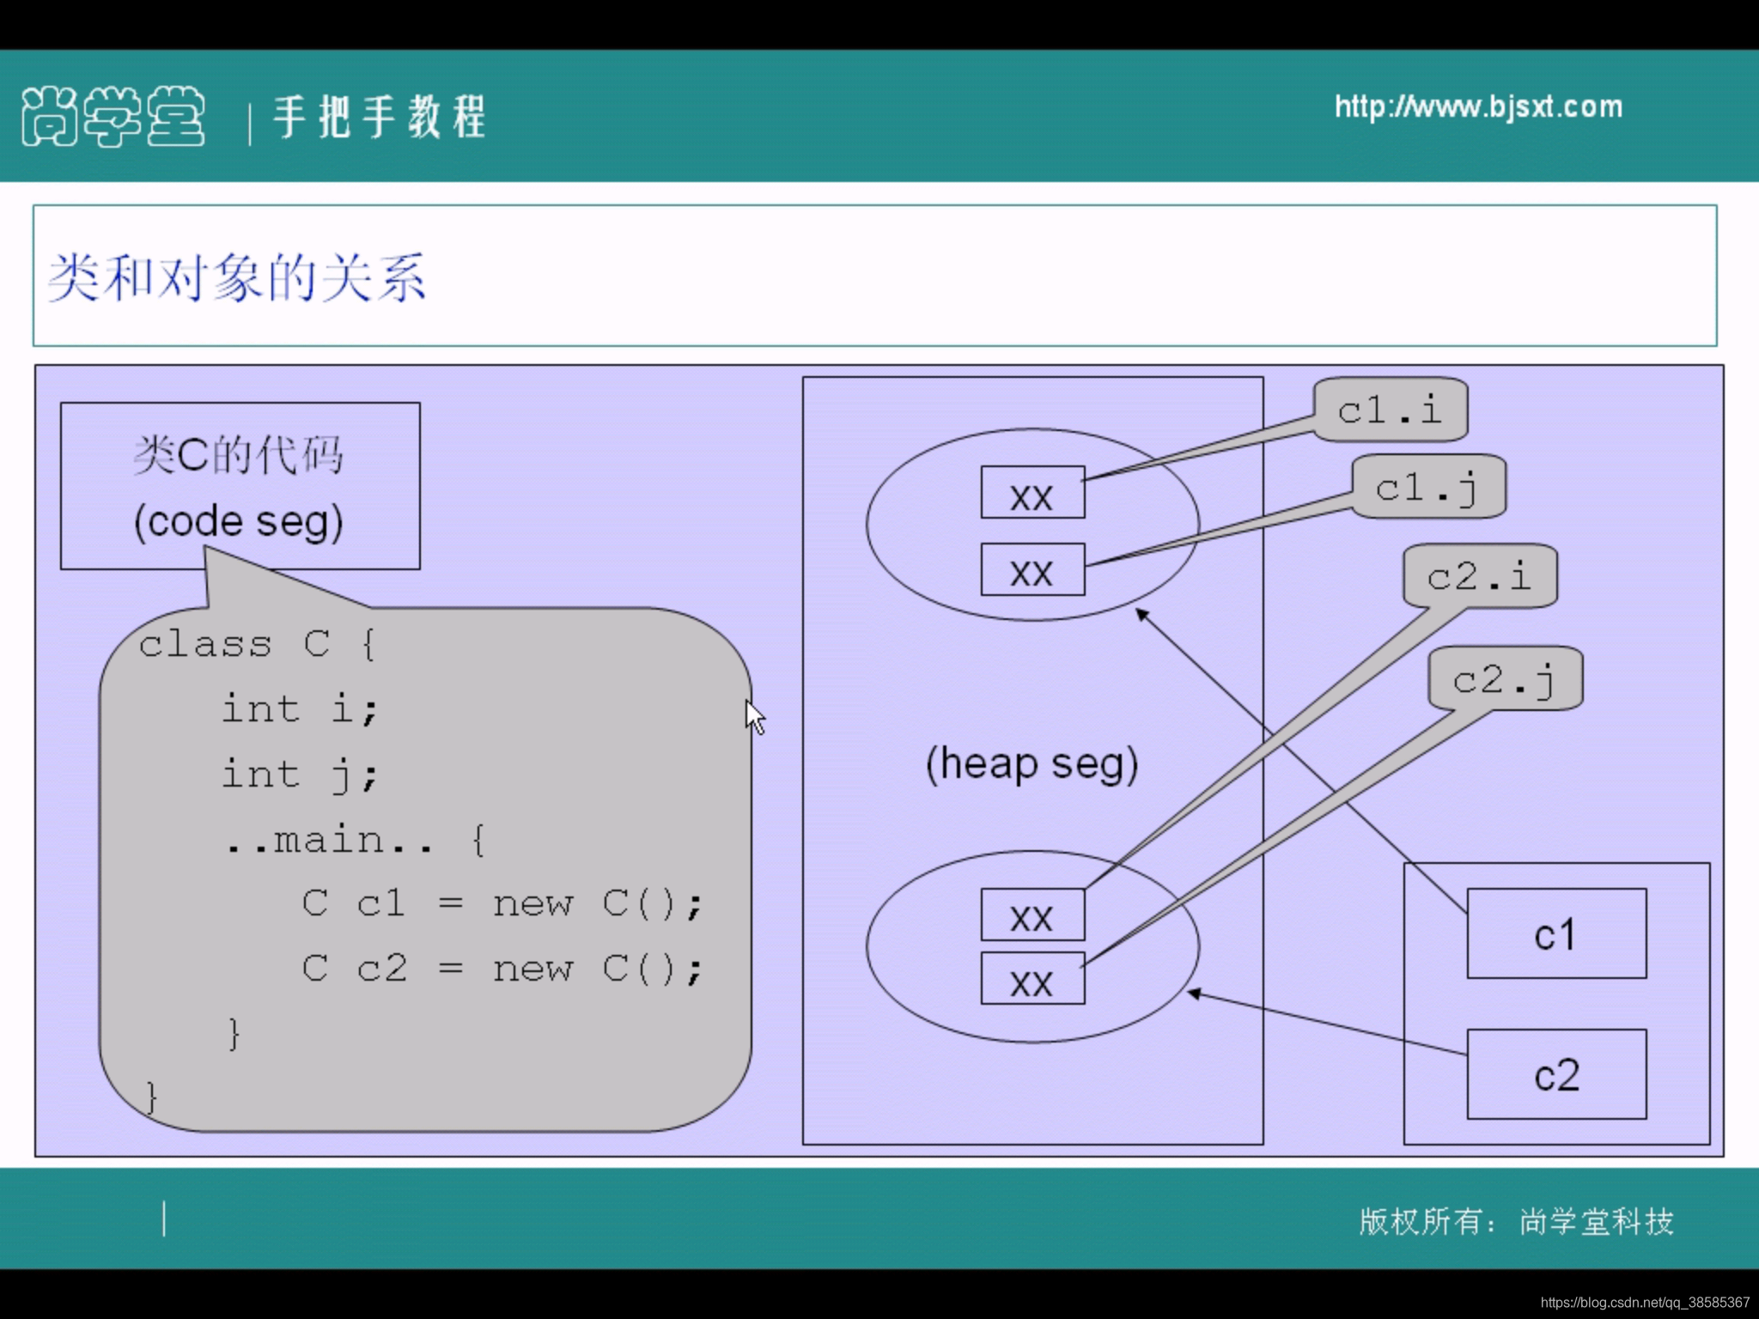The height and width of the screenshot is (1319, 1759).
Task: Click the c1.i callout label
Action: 1390,410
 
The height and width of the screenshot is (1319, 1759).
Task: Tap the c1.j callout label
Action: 1427,488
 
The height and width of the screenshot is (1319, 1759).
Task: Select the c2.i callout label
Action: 1479,576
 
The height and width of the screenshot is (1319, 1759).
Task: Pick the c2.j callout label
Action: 1504,679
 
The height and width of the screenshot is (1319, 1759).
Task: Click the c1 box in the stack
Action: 1555,933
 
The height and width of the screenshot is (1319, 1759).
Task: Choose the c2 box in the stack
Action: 1555,1074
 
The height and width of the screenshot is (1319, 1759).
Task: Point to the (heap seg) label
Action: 1032,763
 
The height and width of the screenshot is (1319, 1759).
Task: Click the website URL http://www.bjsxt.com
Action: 1478,107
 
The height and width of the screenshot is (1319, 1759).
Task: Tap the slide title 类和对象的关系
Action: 237,277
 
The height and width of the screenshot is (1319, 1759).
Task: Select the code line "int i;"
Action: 300,709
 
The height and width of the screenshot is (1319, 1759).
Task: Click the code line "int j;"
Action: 300,775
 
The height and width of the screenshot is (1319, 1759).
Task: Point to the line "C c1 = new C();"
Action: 502,903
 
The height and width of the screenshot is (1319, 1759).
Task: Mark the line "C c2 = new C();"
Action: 502,969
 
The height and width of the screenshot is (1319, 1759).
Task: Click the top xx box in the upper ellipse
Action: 1032,493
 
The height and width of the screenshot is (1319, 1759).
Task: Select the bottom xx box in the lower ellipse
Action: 1032,979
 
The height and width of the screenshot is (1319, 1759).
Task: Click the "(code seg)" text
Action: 239,521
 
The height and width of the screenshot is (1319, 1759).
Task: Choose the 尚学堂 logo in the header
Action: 113,116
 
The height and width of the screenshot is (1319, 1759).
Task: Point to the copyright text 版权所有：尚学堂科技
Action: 1516,1221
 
